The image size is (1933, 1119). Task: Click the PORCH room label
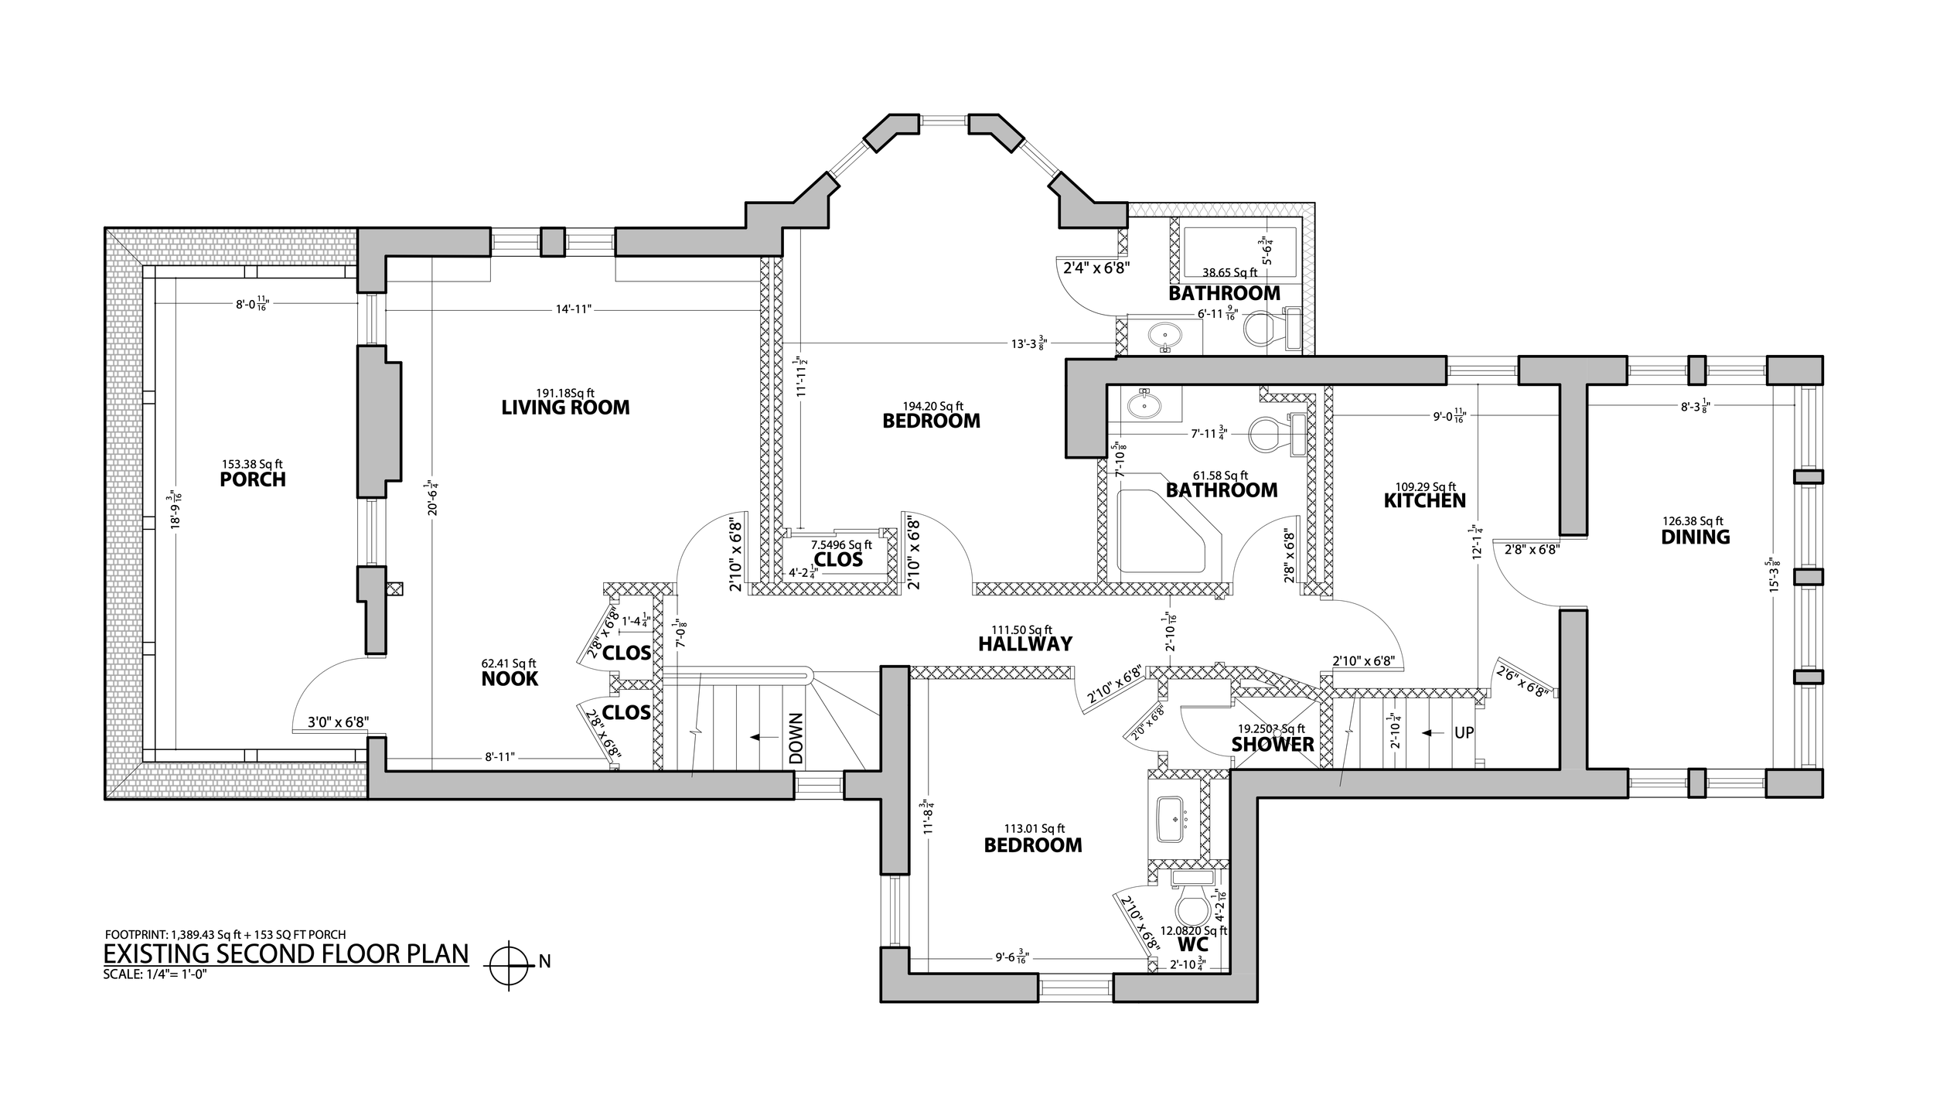pos(253,479)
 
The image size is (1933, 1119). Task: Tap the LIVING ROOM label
pos(565,408)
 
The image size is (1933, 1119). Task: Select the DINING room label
pos(1695,537)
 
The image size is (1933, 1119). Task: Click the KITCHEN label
pos(1424,500)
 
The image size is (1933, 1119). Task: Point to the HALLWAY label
pos(1024,643)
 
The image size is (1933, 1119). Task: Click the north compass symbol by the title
pos(509,966)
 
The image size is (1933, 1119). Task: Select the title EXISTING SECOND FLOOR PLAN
pos(286,954)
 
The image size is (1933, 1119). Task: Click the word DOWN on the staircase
pos(797,738)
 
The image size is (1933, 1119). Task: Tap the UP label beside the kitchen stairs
pos(1464,732)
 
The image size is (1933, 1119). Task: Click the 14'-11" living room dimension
pos(573,309)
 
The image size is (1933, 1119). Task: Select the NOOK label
pos(510,679)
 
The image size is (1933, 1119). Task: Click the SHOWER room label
pos(1273,745)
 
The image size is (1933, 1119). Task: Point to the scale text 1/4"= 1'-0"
pos(155,974)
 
